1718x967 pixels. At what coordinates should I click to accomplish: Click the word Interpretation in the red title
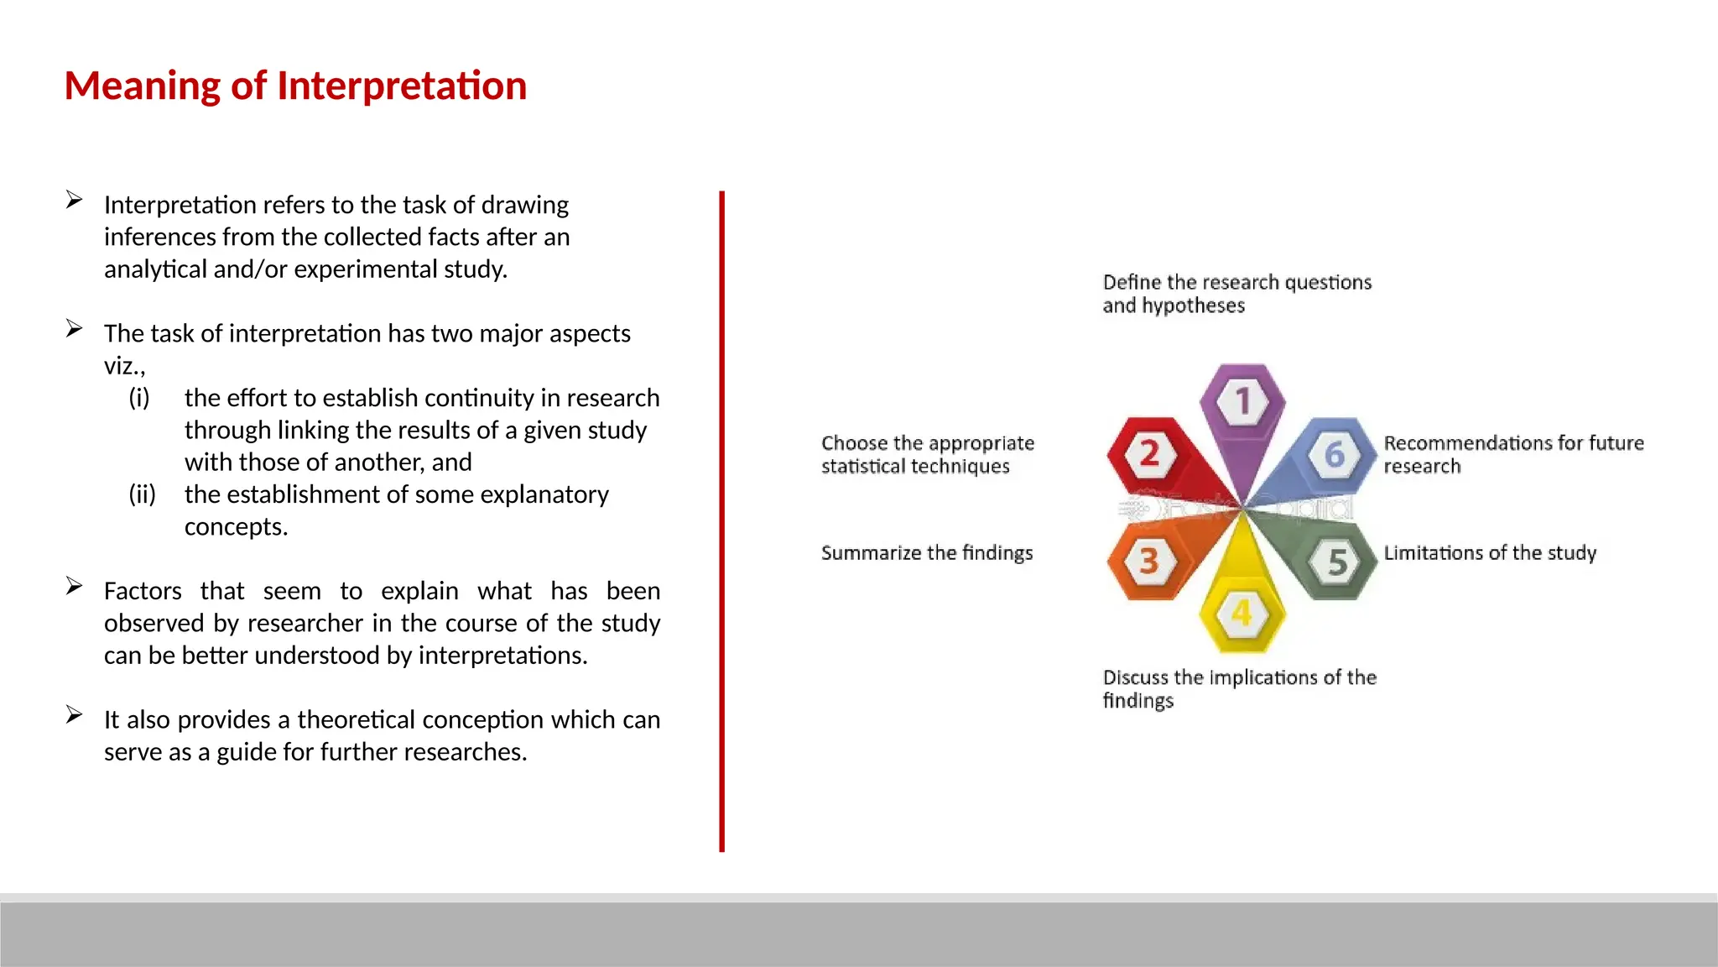coord(401,86)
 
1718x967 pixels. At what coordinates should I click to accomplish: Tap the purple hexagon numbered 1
coord(1242,401)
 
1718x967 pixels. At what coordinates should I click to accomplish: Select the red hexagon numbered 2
coord(1149,454)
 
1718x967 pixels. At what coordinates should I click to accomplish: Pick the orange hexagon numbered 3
coord(1148,560)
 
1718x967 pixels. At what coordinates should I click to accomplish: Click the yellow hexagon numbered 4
coord(1242,614)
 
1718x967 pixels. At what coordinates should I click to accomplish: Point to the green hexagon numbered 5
coord(1337,561)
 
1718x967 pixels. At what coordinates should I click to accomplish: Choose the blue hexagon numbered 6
coord(1335,454)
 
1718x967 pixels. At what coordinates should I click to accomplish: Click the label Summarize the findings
coord(926,552)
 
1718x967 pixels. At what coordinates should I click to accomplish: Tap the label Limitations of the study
coord(1489,552)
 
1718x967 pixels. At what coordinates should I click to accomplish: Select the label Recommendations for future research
coord(1512,453)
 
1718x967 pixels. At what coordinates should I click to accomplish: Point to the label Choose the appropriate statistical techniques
coord(927,454)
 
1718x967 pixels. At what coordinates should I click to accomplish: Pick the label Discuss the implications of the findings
coord(1238,687)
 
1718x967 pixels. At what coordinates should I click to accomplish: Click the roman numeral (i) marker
coord(139,397)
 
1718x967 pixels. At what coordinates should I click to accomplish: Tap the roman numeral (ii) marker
coord(142,494)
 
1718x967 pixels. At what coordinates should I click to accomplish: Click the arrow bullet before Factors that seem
coord(75,586)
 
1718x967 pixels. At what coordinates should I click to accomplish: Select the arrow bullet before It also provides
coord(75,714)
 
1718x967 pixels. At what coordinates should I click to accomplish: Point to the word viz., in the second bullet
coord(124,366)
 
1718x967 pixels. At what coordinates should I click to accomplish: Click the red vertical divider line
coord(721,520)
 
